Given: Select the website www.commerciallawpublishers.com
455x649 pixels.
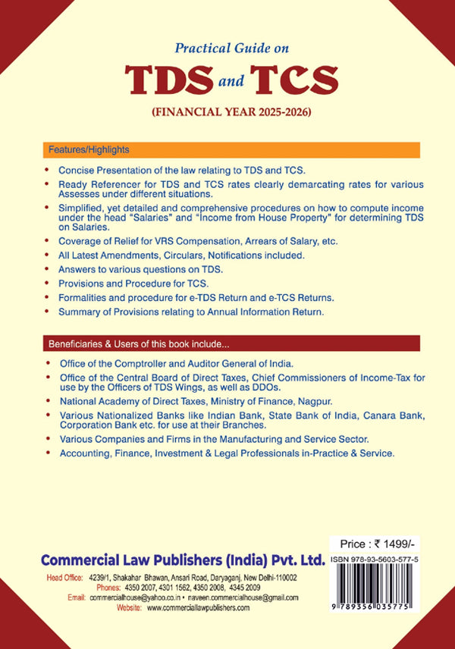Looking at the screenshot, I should coord(198,607).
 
